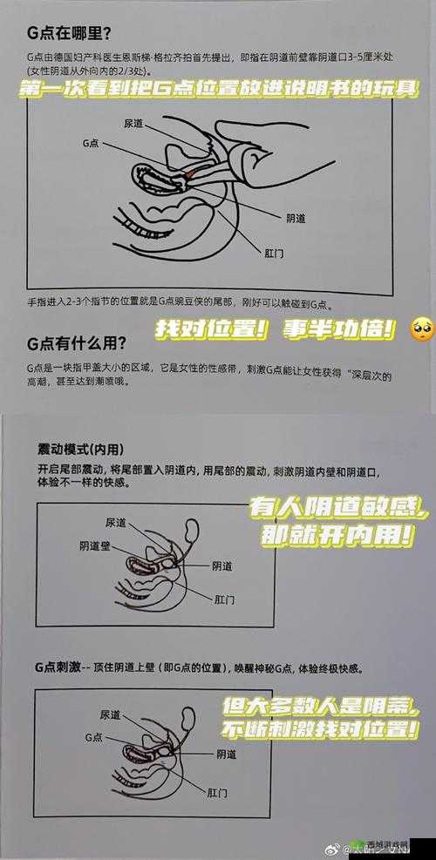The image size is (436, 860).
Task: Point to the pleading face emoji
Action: [x=422, y=327]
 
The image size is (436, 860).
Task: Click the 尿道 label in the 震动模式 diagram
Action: [x=115, y=522]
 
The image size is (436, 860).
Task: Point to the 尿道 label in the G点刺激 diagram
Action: [x=110, y=714]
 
